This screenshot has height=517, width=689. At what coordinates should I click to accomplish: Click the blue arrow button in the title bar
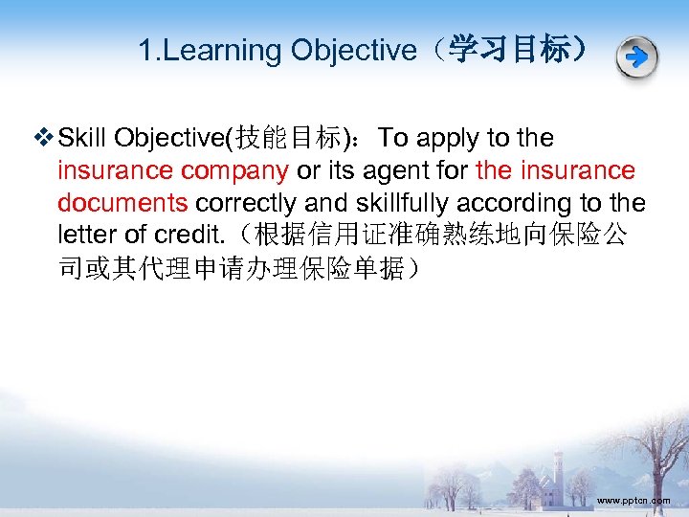click(636, 58)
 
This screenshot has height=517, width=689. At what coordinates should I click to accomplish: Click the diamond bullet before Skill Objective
click(45, 139)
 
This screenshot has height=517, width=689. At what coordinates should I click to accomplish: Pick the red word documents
click(122, 204)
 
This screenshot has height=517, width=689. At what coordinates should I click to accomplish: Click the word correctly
click(254, 204)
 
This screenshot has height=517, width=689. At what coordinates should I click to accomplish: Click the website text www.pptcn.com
click(633, 501)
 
